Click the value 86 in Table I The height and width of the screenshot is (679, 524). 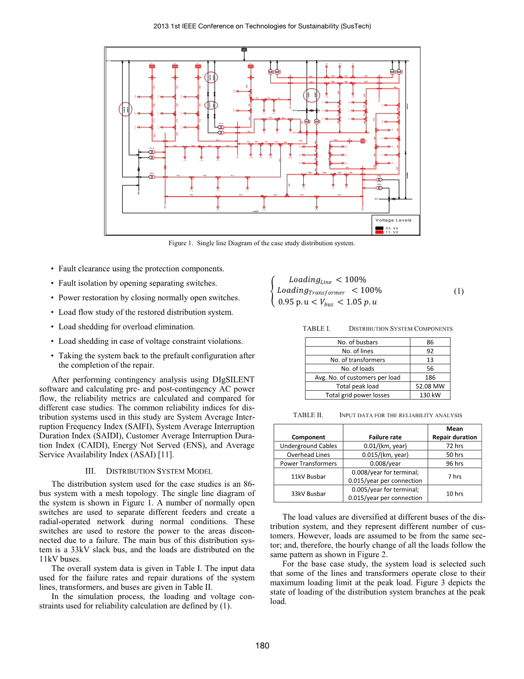pos(430,342)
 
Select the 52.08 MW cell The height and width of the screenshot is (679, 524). pos(430,386)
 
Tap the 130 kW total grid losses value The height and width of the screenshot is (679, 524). pos(430,395)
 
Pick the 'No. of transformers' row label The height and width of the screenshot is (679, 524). pos(357,359)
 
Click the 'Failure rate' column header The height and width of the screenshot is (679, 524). pos(385,437)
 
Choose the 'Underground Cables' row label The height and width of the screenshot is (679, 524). pos(308,446)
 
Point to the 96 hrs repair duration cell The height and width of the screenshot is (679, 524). pos(455,464)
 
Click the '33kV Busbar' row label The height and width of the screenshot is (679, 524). pos(308,493)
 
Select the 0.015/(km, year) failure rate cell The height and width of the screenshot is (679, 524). pos(385,455)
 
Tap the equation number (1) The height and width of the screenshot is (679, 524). pos(459,291)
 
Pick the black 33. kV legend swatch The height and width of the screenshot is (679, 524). pos(379,228)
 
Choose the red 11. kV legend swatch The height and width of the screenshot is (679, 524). pos(379,232)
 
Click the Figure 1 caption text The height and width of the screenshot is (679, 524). pos(261,243)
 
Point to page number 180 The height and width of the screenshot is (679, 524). pos(262,645)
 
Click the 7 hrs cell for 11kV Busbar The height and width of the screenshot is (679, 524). pos(455,476)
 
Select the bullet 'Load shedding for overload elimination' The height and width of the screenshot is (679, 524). pos(127,327)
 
